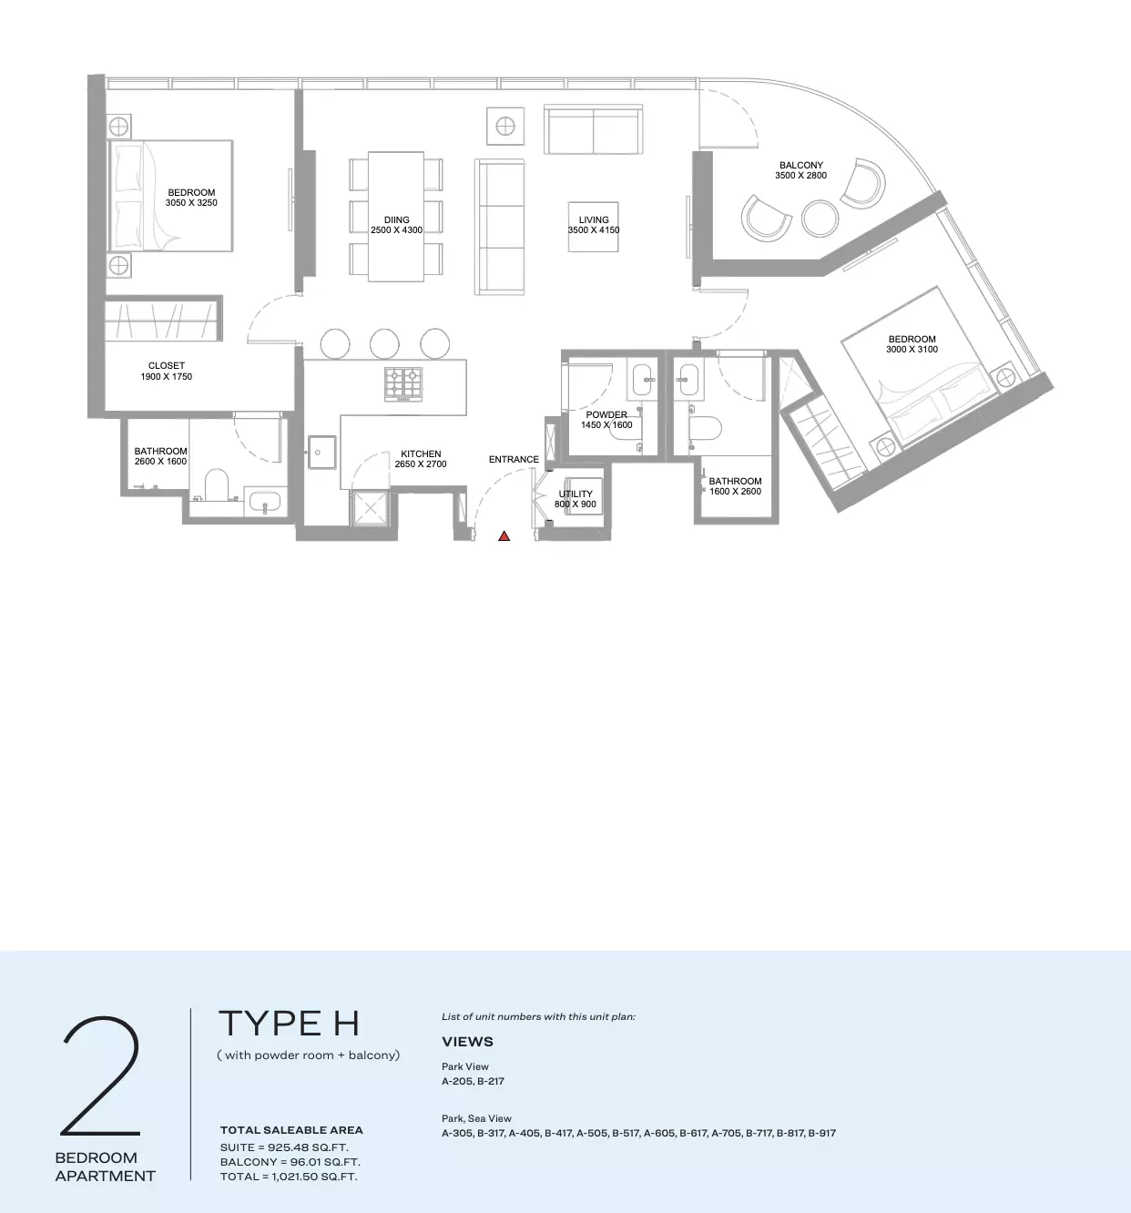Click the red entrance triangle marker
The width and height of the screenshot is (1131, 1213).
504,536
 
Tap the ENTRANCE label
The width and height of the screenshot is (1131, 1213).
514,459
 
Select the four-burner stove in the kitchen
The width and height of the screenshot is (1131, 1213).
402,383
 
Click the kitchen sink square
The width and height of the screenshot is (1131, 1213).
322,452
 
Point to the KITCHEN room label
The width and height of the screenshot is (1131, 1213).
421,454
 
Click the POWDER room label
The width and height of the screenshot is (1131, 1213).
606,414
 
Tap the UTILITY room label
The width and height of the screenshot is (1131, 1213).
576,494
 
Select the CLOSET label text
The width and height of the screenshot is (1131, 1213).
167,366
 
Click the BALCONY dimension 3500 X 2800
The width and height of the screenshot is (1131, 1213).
800,175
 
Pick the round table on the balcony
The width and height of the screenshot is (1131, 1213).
820,218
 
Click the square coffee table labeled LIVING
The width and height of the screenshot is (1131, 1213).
593,227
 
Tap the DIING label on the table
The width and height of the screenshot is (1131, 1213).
396,219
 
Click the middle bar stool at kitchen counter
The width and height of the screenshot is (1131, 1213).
384,343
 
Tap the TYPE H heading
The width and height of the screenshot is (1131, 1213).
289,1024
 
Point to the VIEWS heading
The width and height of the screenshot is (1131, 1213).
467,1042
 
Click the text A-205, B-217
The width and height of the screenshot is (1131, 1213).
473,1080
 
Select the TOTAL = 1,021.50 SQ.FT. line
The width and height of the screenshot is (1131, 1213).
289,1177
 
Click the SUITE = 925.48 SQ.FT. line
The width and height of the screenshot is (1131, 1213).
284,1147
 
